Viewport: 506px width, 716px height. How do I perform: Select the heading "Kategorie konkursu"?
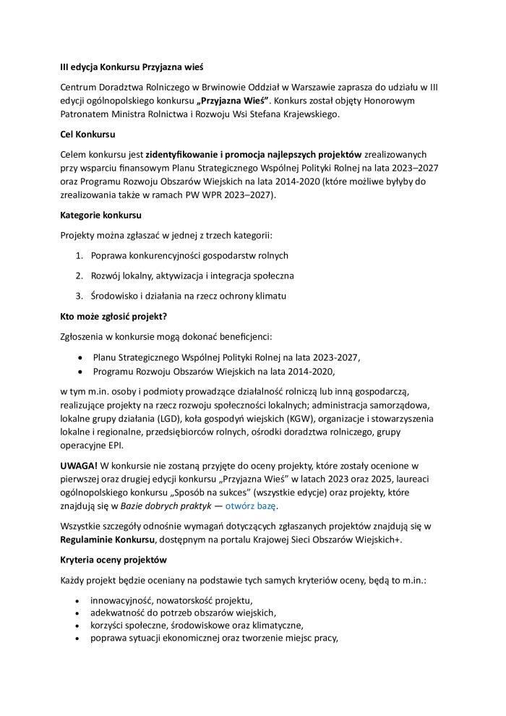click(100, 215)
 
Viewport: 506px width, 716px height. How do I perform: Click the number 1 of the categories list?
click(80, 255)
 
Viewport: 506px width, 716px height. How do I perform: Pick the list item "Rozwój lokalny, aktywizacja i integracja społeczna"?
click(192, 276)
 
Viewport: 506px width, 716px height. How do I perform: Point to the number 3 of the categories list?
click(80, 296)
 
